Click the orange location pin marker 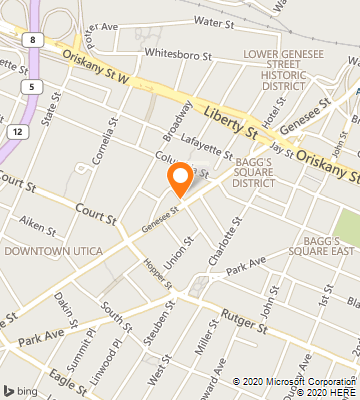(x=180, y=180)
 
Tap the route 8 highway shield (x=34, y=40)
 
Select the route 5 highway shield (x=35, y=87)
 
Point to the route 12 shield (x=21, y=131)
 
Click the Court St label (x=17, y=185)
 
